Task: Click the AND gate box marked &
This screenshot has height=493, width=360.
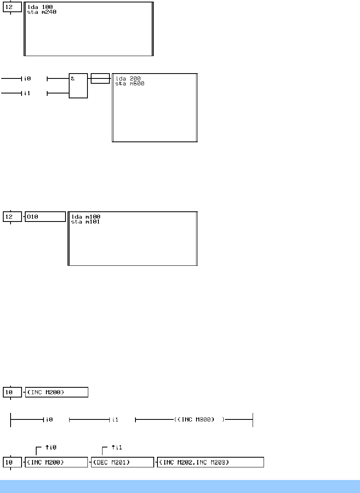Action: [78, 86]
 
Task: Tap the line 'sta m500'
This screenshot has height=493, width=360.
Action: [130, 84]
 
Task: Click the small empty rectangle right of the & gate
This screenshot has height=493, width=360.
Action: [100, 78]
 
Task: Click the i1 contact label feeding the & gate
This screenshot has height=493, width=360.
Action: [28, 93]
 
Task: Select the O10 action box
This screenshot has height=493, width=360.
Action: [45, 217]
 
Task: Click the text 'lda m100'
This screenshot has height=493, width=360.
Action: [85, 217]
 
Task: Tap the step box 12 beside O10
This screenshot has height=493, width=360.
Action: [12, 217]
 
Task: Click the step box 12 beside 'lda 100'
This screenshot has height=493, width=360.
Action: [12, 7]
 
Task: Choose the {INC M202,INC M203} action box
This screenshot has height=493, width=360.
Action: [211, 462]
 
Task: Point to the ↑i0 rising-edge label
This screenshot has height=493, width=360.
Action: [50, 447]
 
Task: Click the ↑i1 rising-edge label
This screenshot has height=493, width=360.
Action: [116, 447]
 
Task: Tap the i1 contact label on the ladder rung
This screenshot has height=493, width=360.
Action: [116, 419]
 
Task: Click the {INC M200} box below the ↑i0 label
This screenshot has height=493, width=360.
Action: [57, 462]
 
